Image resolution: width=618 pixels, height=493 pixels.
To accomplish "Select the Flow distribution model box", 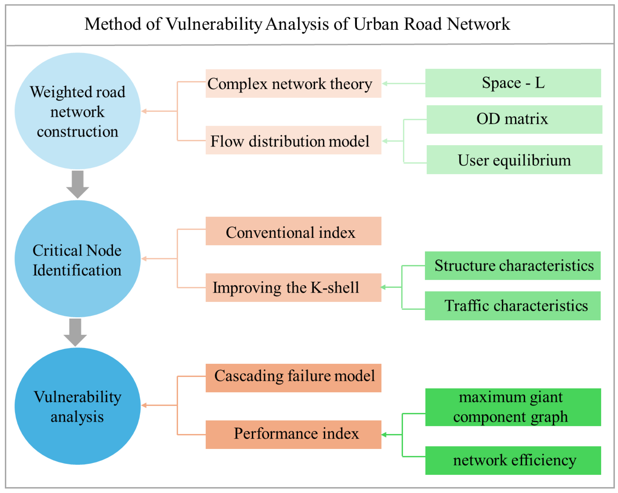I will coord(293,140).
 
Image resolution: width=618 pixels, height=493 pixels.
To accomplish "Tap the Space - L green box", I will coord(513,83).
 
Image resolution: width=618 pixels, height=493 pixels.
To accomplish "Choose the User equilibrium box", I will coord(514,160).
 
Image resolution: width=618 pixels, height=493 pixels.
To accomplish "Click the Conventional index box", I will coord(293,231).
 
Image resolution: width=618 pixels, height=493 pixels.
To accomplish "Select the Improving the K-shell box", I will coord(293,287).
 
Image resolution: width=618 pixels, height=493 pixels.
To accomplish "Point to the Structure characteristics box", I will coord(512,265).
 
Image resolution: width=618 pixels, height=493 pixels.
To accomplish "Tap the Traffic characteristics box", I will coord(512,306).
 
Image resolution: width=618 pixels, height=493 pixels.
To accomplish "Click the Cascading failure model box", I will coord(293,378).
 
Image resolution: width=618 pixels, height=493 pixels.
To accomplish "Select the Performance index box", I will coord(293,434).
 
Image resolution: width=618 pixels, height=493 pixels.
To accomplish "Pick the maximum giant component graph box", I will coord(513,407).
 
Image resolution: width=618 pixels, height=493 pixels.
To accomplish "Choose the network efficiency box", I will coord(513,460).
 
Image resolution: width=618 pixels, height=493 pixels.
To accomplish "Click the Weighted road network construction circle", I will coord(77,111).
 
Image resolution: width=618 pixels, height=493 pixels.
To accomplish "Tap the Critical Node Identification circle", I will coord(77,258).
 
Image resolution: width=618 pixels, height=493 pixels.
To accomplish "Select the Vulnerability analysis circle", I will coord(77,406).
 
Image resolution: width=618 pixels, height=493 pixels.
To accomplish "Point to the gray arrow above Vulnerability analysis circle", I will coord(75,332).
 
